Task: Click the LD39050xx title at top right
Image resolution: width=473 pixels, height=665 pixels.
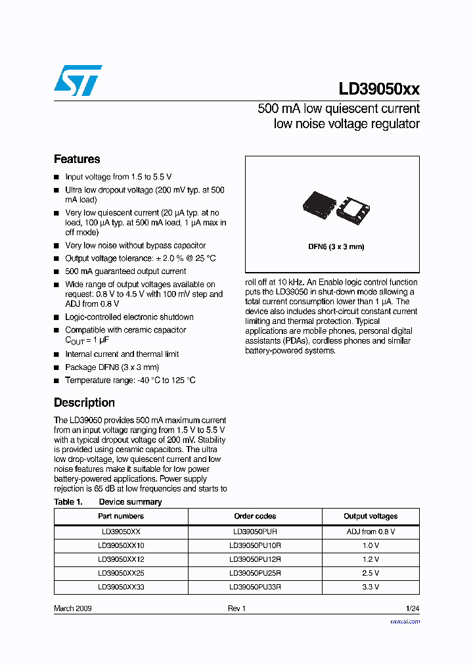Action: point(379,89)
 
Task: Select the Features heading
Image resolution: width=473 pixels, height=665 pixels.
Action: point(77,159)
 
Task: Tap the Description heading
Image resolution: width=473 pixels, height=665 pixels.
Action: point(84,403)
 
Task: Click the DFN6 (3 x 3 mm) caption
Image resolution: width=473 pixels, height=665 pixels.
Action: point(336,247)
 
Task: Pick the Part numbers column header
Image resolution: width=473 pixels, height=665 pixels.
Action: point(121,516)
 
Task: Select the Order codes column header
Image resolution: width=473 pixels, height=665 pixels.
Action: point(255,516)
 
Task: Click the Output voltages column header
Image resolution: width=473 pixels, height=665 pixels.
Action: point(371,516)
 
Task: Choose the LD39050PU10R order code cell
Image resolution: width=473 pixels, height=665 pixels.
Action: point(255,546)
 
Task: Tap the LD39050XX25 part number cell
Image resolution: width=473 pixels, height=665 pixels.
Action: point(121,573)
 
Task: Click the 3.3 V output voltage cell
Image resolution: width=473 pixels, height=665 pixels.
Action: point(371,587)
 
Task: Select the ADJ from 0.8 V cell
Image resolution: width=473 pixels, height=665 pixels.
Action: point(371,532)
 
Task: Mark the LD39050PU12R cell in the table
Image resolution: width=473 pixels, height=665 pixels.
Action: point(255,560)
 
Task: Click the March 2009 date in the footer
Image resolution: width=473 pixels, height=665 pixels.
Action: point(73,608)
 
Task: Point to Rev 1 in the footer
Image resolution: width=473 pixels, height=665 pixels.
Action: point(236,608)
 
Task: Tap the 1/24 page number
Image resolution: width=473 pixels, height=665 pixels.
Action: point(412,608)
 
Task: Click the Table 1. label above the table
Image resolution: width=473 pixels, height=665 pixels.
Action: point(68,502)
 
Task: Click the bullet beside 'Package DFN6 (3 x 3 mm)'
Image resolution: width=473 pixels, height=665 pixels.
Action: point(56,368)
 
